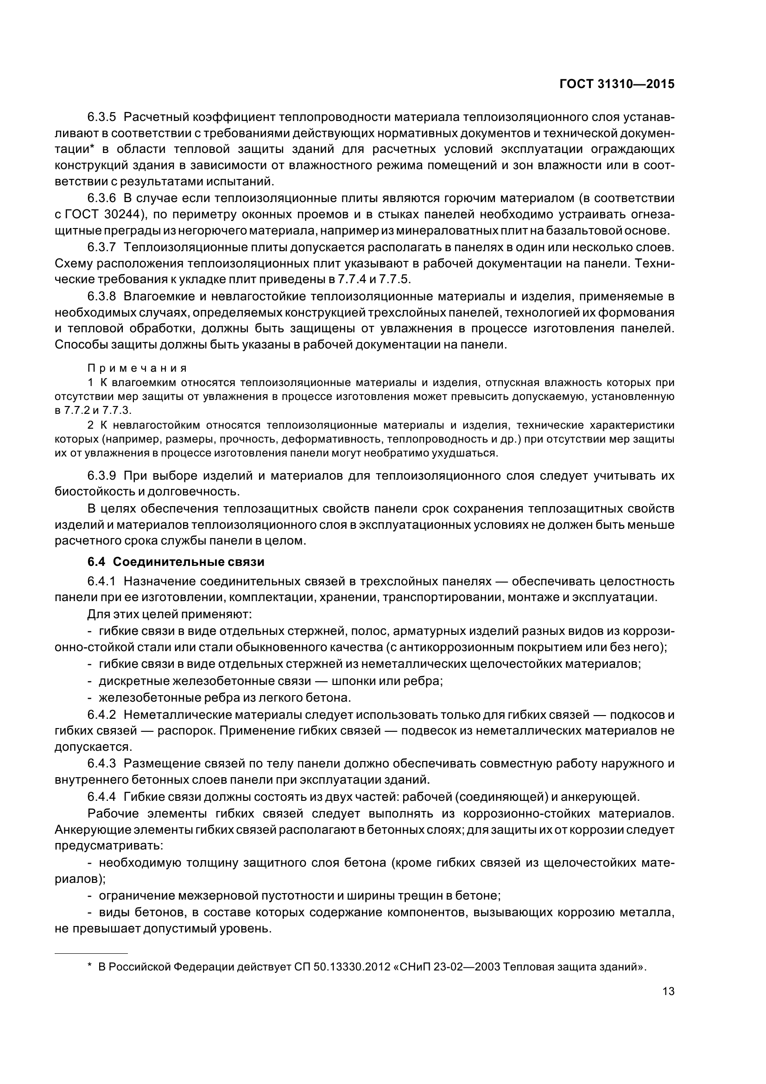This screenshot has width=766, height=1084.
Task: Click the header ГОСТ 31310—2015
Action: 616,84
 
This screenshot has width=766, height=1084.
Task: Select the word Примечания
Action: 137,368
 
